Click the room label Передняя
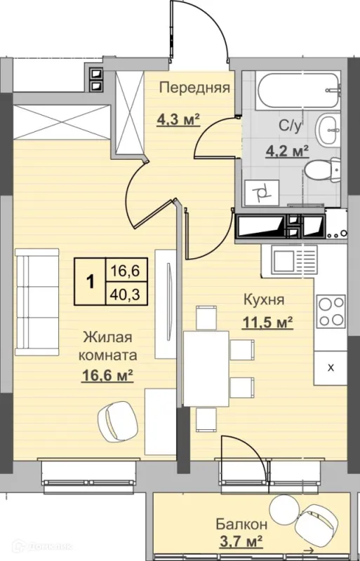(x=194, y=88)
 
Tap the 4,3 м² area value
(x=178, y=119)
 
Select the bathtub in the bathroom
(x=297, y=90)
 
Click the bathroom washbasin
(x=327, y=130)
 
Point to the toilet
(x=321, y=172)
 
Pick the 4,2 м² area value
(x=287, y=151)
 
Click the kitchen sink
(x=295, y=259)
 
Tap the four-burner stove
(x=331, y=311)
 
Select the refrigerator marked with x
(x=331, y=367)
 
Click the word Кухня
(x=264, y=300)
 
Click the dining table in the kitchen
(x=206, y=368)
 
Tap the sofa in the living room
(x=37, y=302)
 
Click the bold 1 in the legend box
(x=91, y=282)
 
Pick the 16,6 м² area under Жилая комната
(x=108, y=376)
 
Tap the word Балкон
(x=241, y=525)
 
